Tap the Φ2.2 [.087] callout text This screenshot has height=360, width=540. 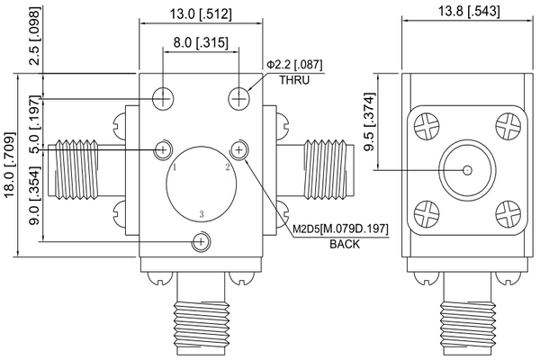pos(293,65)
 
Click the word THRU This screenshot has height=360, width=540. pos(293,80)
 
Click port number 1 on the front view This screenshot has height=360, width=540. pos(175,167)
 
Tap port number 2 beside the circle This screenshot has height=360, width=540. pos(228,167)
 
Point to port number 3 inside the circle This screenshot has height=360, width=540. pos(202,214)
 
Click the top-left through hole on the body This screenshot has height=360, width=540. pos(163,97)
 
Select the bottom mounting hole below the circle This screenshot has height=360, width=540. pos(202,241)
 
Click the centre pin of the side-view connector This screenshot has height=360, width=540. pos(466,170)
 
